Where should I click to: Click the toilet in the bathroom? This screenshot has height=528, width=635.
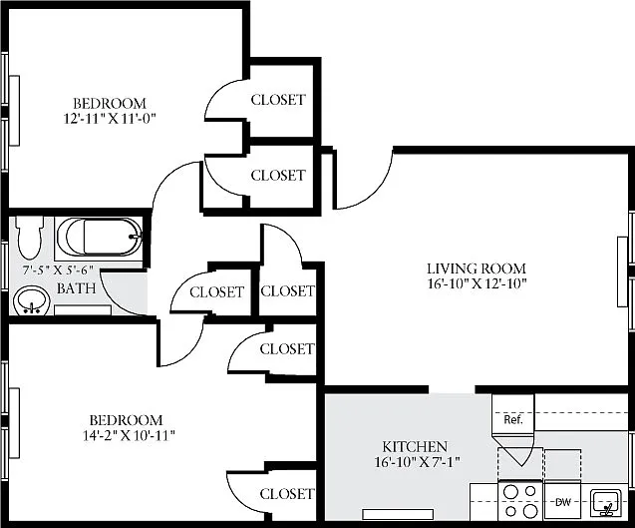point(29,238)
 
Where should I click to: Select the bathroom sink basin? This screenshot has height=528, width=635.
point(31,300)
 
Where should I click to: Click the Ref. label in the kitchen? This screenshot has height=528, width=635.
point(513,419)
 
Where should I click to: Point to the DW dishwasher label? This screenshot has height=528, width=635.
point(562,502)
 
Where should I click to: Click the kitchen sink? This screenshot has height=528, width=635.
point(606,503)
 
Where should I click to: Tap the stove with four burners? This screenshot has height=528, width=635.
point(519,501)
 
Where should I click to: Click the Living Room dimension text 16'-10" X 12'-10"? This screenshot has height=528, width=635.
point(476,283)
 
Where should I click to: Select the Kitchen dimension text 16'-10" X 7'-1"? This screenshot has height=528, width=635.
point(418,462)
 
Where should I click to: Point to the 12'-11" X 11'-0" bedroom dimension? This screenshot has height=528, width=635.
point(110,119)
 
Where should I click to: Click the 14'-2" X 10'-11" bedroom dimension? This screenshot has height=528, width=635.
point(129,435)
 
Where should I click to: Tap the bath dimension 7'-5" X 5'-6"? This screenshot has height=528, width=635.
point(58,270)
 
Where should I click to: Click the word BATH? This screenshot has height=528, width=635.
point(76,288)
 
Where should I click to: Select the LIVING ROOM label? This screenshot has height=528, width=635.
point(476,268)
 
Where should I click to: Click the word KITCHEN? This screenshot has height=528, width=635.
point(415,447)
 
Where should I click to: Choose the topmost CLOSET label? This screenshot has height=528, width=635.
point(278,100)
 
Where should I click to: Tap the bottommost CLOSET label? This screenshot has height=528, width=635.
point(287,494)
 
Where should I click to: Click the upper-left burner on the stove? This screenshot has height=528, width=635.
point(511,492)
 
